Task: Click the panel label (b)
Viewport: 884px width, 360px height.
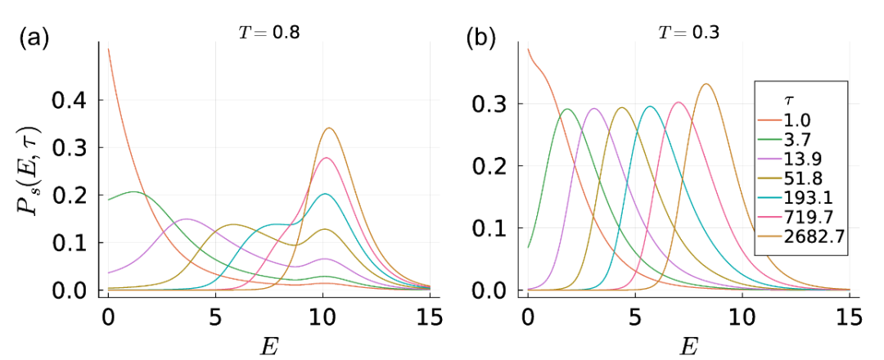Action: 481,38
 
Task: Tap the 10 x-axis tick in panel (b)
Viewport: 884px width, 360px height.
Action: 742,314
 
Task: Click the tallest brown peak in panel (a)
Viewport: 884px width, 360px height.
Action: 329,128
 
